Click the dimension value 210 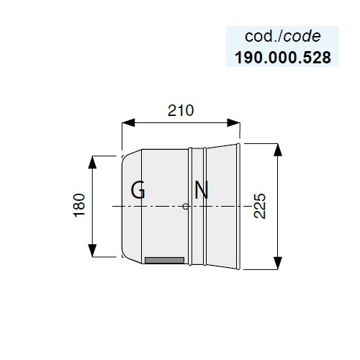tap(181, 111)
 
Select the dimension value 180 tap(79, 205)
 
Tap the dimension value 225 tap(260, 206)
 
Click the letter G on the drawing tap(138, 189)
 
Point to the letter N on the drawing tap(201, 190)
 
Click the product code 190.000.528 tap(283, 58)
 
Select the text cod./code tap(283, 37)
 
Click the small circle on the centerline tap(186, 207)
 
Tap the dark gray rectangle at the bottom tap(165, 261)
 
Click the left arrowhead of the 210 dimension tap(128, 122)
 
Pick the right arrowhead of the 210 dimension tap(233, 122)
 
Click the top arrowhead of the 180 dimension tap(92, 162)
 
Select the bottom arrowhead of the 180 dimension tap(92, 251)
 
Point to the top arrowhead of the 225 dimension tap(278, 150)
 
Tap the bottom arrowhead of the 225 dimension tap(278, 263)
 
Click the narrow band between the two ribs tap(197, 207)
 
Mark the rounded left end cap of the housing tap(132, 207)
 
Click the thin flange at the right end tap(238, 207)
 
